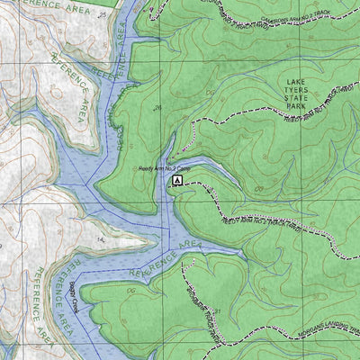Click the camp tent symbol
(177, 180)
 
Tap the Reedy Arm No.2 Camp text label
(164, 168)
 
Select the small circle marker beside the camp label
(137, 168)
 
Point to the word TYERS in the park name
(292, 89)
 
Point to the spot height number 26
(158, 109)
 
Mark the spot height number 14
(100, 240)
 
